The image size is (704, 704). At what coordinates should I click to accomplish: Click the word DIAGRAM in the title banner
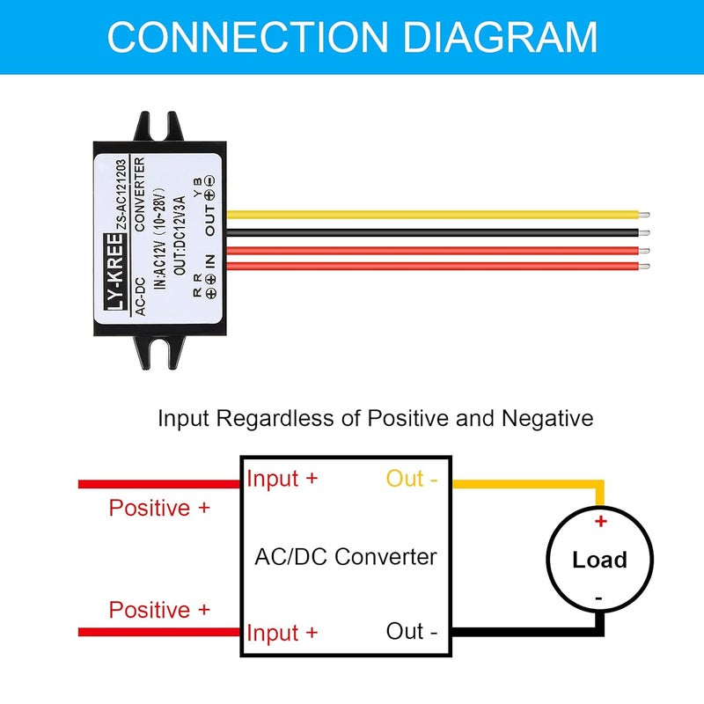(x=500, y=37)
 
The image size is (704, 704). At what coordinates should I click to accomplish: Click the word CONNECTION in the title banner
(x=247, y=37)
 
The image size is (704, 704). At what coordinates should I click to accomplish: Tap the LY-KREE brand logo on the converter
(x=114, y=272)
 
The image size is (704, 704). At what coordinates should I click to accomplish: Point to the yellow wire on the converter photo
(x=432, y=215)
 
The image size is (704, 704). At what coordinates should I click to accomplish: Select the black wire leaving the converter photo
(x=432, y=232)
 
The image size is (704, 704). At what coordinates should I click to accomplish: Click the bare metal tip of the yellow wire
(x=644, y=215)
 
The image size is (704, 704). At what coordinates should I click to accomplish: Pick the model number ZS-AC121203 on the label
(x=121, y=194)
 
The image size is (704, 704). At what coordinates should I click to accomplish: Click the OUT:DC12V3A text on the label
(x=180, y=235)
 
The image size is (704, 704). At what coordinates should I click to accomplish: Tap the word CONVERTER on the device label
(x=140, y=194)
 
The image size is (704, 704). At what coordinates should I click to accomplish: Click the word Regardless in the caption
(x=276, y=419)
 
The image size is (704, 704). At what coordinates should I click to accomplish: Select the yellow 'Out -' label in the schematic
(x=411, y=478)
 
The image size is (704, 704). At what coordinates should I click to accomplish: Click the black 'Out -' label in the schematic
(x=411, y=631)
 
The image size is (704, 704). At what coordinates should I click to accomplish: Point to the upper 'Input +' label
(x=282, y=479)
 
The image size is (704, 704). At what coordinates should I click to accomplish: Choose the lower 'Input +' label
(x=282, y=633)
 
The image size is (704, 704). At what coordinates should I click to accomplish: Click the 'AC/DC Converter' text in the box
(x=345, y=557)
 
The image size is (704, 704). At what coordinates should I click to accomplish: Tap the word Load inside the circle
(x=599, y=560)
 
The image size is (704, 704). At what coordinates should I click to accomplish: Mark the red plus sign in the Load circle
(x=600, y=521)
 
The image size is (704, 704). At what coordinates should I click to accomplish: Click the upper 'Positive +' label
(x=159, y=509)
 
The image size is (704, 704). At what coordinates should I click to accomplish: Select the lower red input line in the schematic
(x=159, y=632)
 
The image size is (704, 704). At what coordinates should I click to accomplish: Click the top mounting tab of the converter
(x=159, y=127)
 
